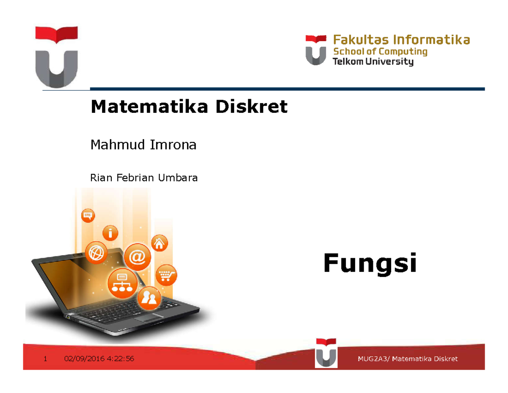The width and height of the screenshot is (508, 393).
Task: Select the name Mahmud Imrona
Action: [144, 145]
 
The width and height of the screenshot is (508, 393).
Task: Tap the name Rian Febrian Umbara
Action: [144, 178]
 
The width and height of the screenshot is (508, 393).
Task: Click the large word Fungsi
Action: [370, 263]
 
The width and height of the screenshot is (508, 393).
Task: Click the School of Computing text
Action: [381, 52]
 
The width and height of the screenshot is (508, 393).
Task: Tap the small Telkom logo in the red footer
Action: [326, 353]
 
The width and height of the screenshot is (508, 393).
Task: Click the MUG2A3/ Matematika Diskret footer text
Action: [408, 359]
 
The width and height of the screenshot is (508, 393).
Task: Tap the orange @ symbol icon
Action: [136, 257]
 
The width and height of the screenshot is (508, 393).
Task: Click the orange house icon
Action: [160, 243]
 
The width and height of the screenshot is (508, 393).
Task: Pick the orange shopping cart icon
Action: [166, 276]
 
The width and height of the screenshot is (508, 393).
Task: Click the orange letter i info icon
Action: [111, 233]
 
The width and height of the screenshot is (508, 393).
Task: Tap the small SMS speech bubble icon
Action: [88, 215]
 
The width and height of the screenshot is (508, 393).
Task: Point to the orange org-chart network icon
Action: [121, 282]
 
